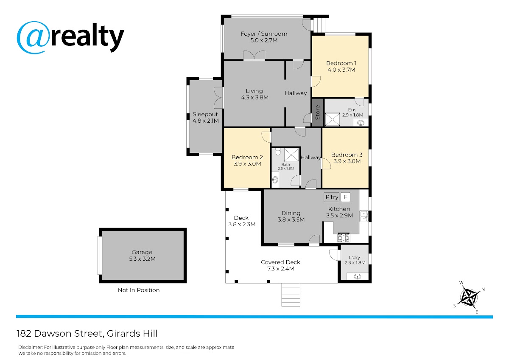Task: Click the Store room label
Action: pyautogui.click(x=317, y=112)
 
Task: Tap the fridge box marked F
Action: pyautogui.click(x=345, y=197)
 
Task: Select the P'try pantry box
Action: pyautogui.click(x=332, y=197)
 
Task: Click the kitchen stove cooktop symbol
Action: pyautogui.click(x=344, y=238)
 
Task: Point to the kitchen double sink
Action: pyautogui.click(x=364, y=216)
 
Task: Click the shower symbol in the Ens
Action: pyautogui.click(x=332, y=119)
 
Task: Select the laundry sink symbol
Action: pyautogui.click(x=358, y=277)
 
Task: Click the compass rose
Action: pyautogui.click(x=469, y=297)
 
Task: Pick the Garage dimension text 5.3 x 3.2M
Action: pyautogui.click(x=142, y=259)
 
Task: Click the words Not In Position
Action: pyautogui.click(x=139, y=290)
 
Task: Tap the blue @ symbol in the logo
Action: pyautogui.click(x=34, y=37)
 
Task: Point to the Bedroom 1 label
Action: pyautogui.click(x=341, y=63)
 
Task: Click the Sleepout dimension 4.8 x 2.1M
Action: pyautogui.click(x=206, y=121)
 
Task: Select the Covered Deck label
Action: pyautogui.click(x=280, y=262)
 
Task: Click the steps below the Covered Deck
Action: pyautogui.click(x=291, y=295)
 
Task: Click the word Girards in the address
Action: pyautogui.click(x=123, y=334)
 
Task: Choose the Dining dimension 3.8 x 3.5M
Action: pyautogui.click(x=291, y=219)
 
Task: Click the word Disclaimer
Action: pyautogui.click(x=30, y=347)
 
